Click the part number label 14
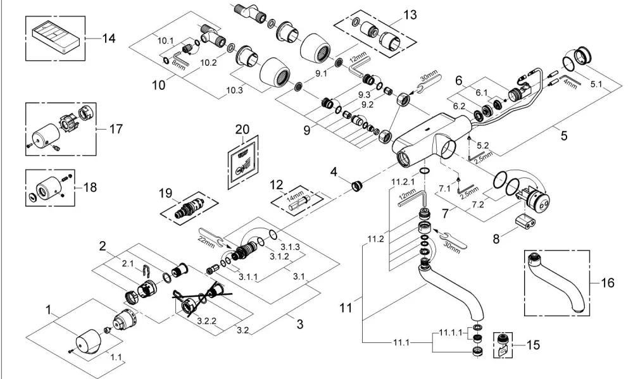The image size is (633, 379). click(109, 39)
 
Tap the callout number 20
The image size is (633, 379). click(242, 129)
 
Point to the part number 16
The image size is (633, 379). click(608, 283)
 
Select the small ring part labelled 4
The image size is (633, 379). click(357, 187)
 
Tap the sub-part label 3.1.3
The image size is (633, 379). click(291, 247)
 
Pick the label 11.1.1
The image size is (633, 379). click(451, 333)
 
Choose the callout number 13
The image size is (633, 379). click(410, 15)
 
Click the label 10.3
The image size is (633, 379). click(235, 90)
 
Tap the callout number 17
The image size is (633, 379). click(116, 129)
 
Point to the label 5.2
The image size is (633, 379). click(483, 145)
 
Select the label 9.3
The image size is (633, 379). click(365, 95)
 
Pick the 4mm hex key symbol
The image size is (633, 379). click(571, 80)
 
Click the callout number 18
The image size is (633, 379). click(90, 187)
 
